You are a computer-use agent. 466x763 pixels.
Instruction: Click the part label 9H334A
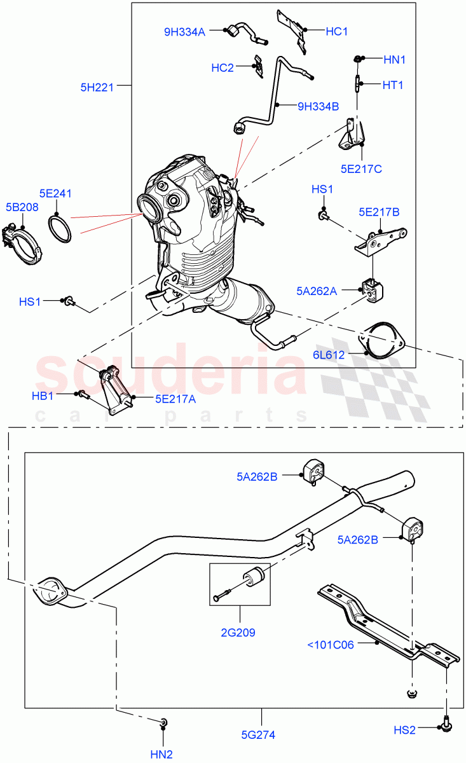click(x=185, y=31)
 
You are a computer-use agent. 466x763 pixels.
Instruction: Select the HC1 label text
click(x=337, y=31)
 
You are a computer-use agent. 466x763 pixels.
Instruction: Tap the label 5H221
click(x=97, y=88)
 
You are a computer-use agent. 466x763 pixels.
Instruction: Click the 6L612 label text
click(x=328, y=355)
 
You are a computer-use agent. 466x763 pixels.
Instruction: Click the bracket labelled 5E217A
click(x=113, y=390)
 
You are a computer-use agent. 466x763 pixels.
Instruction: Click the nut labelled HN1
click(x=358, y=60)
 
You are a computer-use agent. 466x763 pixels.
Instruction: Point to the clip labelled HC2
click(x=258, y=67)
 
